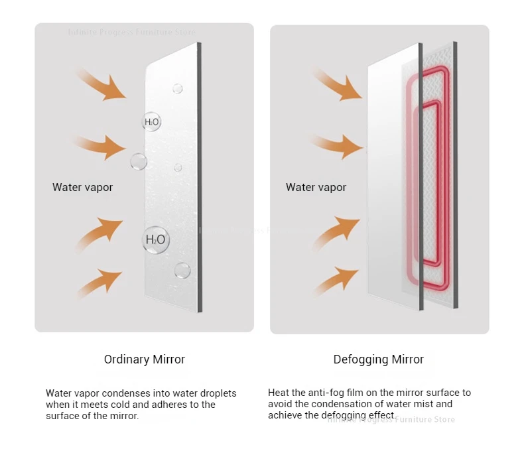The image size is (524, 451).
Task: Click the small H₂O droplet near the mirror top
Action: tap(151, 121)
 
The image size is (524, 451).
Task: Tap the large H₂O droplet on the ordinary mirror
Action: tap(155, 239)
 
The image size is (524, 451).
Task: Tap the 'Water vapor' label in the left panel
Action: tap(82, 187)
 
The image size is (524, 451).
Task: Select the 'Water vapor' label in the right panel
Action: tap(316, 187)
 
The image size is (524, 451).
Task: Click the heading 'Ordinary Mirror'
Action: tap(145, 359)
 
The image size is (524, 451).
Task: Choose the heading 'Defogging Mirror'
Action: tap(379, 359)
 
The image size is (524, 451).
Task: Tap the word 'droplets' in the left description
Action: tap(217, 393)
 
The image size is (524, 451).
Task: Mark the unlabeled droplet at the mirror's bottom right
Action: tap(182, 270)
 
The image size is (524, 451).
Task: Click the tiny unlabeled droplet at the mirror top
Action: tap(177, 88)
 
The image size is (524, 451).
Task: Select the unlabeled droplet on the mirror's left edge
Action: tap(139, 161)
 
